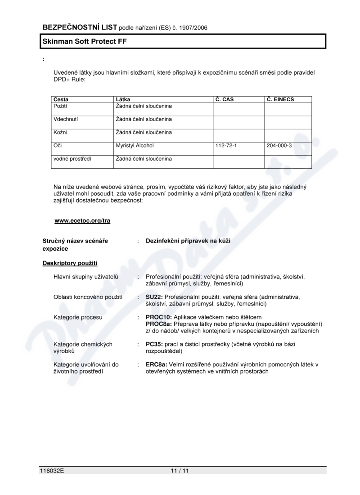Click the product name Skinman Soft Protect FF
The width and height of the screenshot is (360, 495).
[81, 41]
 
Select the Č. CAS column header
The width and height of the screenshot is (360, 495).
[225, 99]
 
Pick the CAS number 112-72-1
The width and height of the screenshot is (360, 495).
[226, 146]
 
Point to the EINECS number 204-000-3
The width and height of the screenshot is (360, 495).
[279, 146]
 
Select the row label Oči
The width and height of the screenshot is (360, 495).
[58, 146]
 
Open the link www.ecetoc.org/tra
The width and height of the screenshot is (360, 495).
[82, 220]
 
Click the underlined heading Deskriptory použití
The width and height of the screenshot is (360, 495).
[70, 263]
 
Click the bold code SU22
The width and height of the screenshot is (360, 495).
[154, 297]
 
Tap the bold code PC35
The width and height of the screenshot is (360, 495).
[154, 344]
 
